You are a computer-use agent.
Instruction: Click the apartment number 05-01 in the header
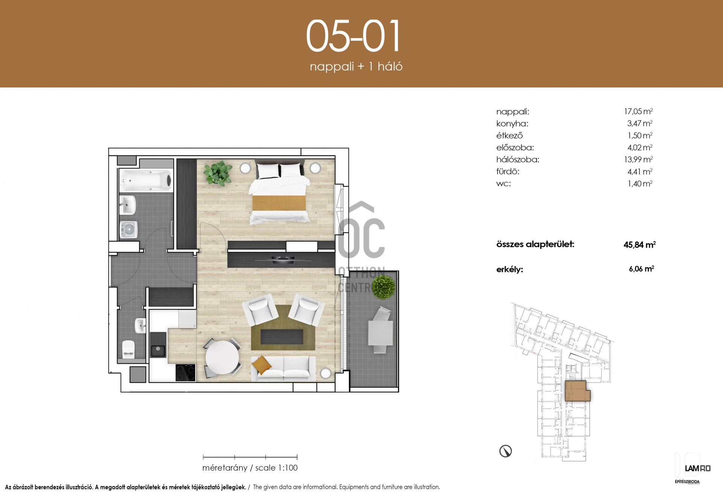pyautogui.click(x=353, y=36)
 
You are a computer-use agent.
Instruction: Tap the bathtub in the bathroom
pyautogui.click(x=146, y=181)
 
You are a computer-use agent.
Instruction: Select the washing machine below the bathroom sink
pyautogui.click(x=128, y=230)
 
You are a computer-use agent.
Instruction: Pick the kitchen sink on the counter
pyautogui.click(x=158, y=344)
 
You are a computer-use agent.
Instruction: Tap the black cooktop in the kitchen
pyautogui.click(x=185, y=372)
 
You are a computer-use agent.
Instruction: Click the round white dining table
pyautogui.click(x=222, y=357)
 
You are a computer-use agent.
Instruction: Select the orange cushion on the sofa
pyautogui.click(x=261, y=364)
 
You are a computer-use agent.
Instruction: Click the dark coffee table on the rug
pyautogui.click(x=282, y=337)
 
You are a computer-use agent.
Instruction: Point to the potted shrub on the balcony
pyautogui.click(x=383, y=287)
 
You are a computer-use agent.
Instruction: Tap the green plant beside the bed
pyautogui.click(x=218, y=173)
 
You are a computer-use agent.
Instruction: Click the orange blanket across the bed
pyautogui.click(x=279, y=203)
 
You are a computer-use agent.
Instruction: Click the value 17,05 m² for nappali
pyautogui.click(x=638, y=111)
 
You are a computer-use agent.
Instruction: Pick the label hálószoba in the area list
pyautogui.click(x=518, y=159)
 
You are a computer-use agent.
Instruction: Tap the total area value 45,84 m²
pyautogui.click(x=639, y=245)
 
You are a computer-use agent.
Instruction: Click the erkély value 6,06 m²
pyautogui.click(x=641, y=269)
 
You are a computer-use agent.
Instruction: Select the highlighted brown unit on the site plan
pyautogui.click(x=577, y=391)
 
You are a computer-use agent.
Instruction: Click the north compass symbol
pyautogui.click(x=505, y=451)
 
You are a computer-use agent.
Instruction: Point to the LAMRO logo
pyautogui.click(x=697, y=469)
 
